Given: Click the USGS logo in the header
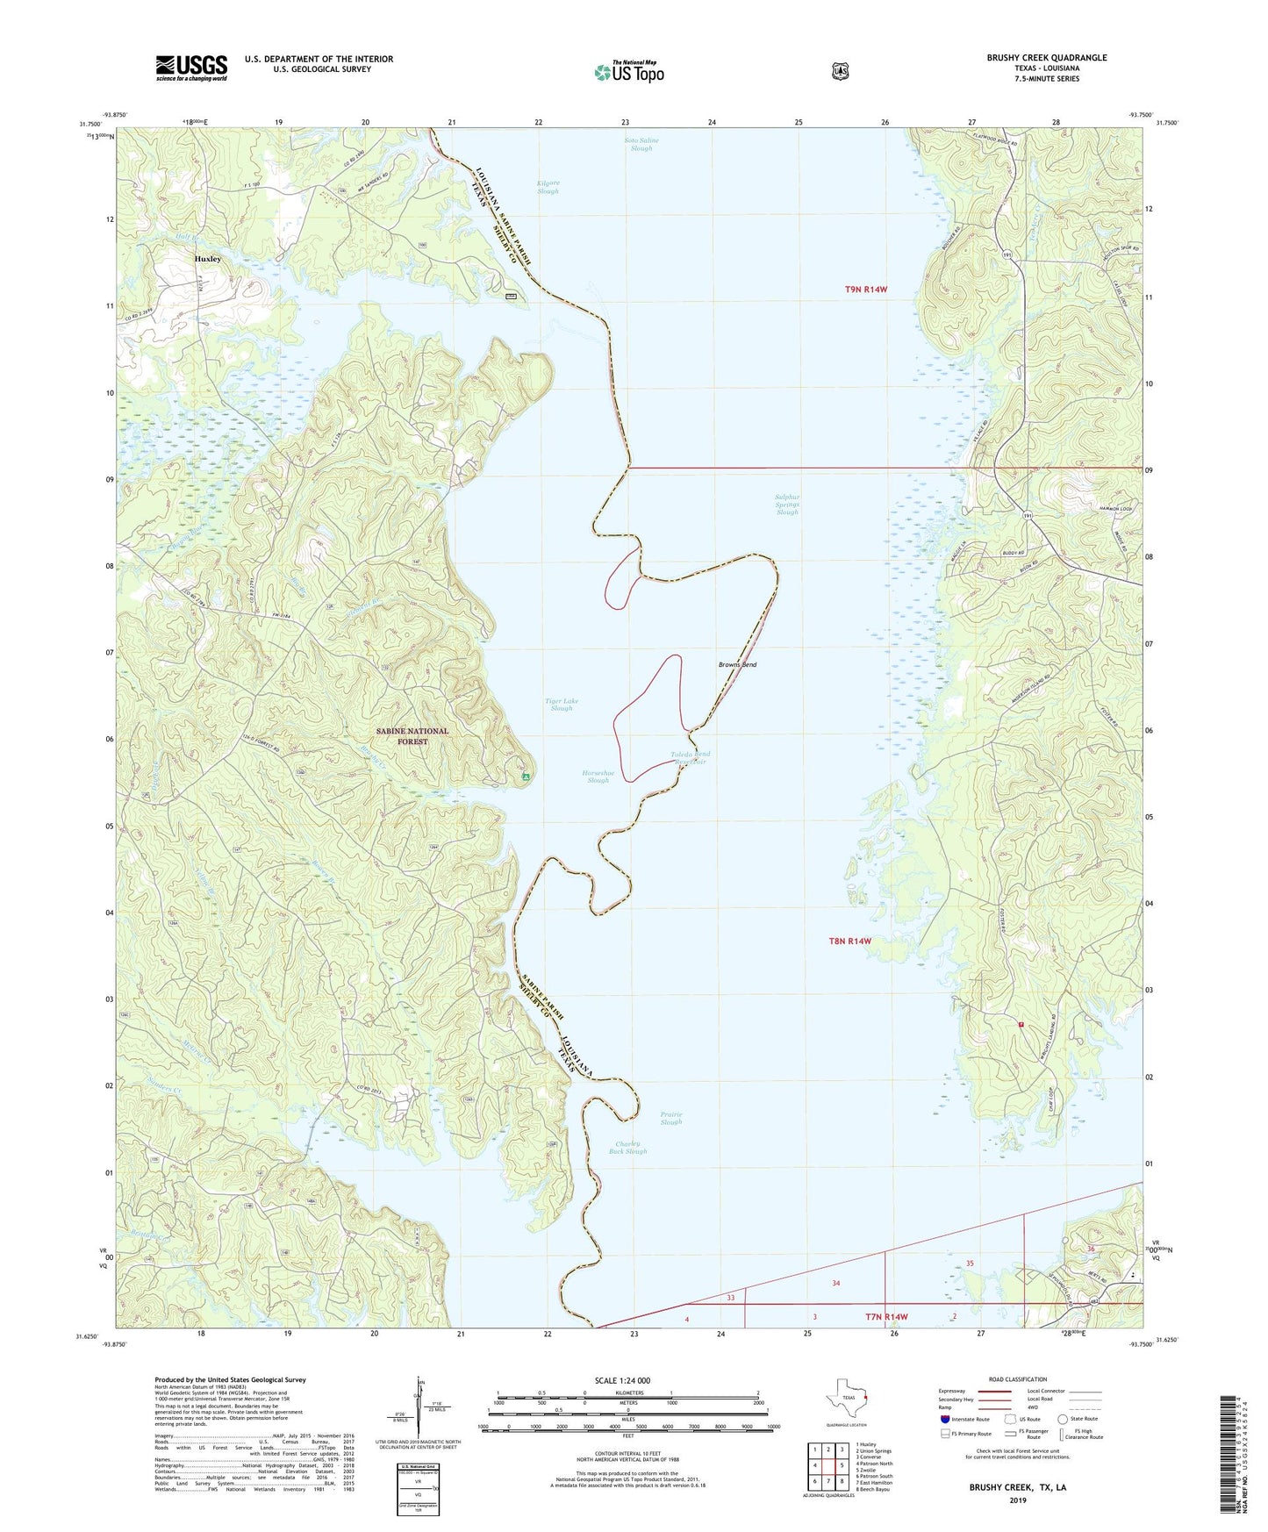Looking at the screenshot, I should tap(191, 68).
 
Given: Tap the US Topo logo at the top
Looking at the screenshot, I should tap(628, 72).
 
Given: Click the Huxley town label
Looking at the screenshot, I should tap(207, 260).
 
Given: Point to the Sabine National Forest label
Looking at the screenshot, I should tap(413, 736).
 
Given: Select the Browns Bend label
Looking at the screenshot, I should tap(737, 664).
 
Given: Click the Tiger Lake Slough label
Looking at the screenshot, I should tap(562, 705).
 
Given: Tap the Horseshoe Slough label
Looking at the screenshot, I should tap(598, 777).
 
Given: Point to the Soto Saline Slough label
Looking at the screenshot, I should tap(641, 144).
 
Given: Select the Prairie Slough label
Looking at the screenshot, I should tap(670, 1119).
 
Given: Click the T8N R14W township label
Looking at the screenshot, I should tap(849, 941).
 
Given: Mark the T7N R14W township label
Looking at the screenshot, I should tap(886, 1317).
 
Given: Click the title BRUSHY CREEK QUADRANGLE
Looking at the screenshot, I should tap(1046, 58).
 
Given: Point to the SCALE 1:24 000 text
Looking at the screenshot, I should tap(622, 1380).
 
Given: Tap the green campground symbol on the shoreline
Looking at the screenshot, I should tap(526, 777).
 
